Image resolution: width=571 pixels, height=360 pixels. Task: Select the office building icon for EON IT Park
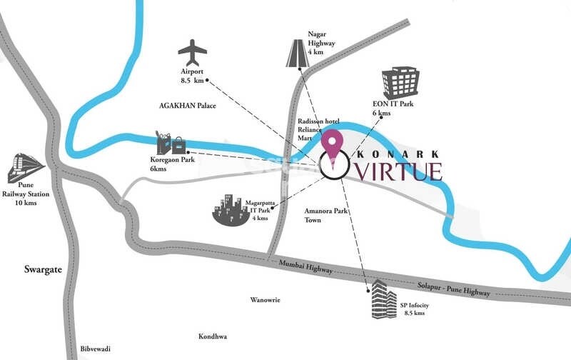coord(399,84)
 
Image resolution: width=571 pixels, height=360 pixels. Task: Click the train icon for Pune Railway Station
coord(26,169)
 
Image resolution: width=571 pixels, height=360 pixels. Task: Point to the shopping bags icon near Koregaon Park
coord(171,143)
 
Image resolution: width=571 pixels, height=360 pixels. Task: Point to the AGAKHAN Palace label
coord(187,106)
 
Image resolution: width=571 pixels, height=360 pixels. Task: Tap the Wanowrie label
coord(265,300)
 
